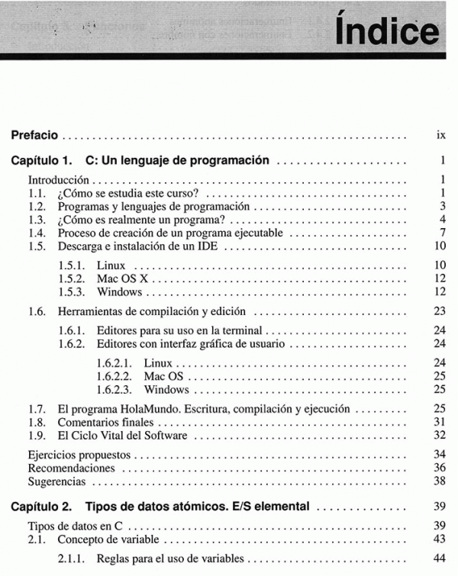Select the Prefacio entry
[x=34, y=135]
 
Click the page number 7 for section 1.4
[x=442, y=233]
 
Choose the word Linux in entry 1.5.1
[x=111, y=265]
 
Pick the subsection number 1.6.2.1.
[x=114, y=362]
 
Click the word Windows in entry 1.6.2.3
[x=166, y=389]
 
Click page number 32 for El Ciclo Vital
[x=440, y=436]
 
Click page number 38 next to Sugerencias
[x=440, y=481]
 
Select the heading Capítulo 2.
[x=43, y=506]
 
